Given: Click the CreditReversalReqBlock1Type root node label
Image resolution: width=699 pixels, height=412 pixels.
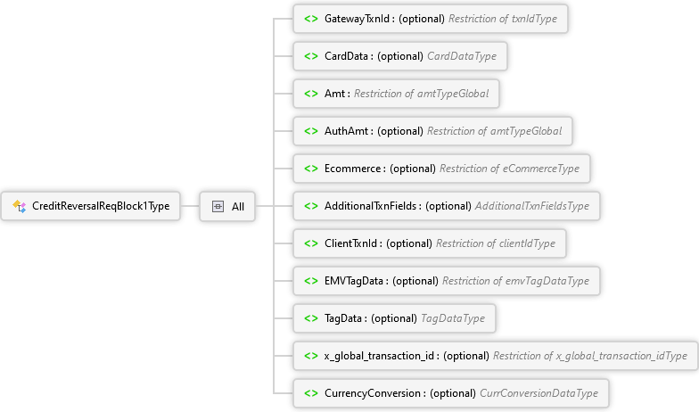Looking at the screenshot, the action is click(101, 206).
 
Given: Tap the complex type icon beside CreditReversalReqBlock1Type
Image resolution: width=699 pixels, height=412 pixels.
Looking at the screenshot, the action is click(20, 206).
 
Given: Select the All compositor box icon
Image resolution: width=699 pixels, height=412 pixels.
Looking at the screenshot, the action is click(218, 207).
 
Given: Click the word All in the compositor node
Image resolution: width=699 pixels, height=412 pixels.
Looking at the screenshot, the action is click(238, 207).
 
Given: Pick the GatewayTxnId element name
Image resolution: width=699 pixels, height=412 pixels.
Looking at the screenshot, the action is click(357, 19).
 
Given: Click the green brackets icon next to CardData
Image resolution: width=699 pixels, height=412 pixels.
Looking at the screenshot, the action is click(310, 56).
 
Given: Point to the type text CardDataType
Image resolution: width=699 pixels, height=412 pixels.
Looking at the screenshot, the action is click(462, 56).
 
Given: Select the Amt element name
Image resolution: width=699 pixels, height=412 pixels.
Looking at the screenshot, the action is click(334, 94).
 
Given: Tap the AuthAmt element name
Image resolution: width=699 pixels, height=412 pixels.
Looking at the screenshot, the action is click(346, 131).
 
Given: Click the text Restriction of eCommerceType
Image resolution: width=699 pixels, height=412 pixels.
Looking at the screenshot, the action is click(510, 169).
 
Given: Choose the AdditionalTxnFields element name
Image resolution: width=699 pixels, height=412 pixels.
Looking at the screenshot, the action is click(371, 206).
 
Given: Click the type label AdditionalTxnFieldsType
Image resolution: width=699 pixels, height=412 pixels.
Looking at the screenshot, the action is click(532, 206).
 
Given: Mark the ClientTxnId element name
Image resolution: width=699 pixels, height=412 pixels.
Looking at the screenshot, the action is click(351, 243).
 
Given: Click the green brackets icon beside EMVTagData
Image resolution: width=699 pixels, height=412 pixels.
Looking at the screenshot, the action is click(310, 281).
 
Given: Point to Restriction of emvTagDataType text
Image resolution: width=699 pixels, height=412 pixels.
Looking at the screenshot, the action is click(515, 281).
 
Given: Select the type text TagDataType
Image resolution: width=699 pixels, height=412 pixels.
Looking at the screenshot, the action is click(453, 318).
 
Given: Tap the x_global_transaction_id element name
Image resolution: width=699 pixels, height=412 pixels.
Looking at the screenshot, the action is click(380, 356).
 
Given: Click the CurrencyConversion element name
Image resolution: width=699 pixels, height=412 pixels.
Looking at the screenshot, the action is click(373, 393).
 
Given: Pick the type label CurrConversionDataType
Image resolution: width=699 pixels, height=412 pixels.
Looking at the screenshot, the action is click(539, 393).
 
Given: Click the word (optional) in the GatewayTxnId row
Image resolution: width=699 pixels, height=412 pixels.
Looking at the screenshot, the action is click(421, 19).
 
